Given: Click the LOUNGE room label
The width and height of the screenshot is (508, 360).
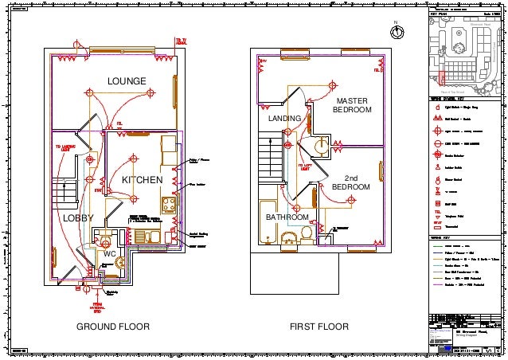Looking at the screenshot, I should tap(127, 81).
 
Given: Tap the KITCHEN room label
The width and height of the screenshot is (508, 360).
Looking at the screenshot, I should tap(142, 182).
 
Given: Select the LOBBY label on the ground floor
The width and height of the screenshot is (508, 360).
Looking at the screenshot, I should tap(78, 217).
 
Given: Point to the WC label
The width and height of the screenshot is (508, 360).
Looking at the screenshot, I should tap(111, 253).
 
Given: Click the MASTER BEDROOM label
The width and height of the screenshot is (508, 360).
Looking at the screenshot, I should tap(352, 105).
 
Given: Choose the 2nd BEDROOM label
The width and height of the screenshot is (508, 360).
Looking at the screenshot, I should tap(351, 182).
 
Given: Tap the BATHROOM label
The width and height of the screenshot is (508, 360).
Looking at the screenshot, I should tap(287, 217).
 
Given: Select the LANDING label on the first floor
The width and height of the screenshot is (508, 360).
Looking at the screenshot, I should tap(285, 119).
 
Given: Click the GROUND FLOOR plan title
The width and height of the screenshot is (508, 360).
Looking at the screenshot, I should tap(112, 327).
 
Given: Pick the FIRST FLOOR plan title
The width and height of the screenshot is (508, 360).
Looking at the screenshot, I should tap(319, 327).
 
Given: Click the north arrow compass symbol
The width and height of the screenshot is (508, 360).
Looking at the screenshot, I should tap(397, 31).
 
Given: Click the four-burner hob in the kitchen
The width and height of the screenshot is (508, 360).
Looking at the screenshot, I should tap(170, 203).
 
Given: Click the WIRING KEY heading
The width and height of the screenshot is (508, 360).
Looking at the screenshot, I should tap(442, 238).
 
